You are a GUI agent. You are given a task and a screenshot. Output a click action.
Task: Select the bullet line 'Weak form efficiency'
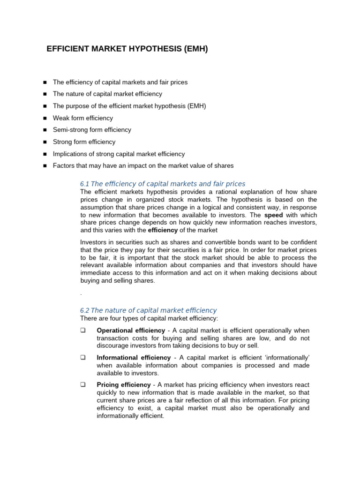click(x=82, y=118)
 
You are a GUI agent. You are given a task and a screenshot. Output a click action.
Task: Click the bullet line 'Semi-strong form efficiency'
click(x=92, y=130)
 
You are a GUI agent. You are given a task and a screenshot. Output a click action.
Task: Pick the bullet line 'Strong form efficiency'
click(x=84, y=142)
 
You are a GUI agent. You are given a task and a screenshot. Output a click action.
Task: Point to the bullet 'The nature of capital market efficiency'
click(x=107, y=94)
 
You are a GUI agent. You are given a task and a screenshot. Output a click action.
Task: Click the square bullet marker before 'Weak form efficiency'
click(x=45, y=118)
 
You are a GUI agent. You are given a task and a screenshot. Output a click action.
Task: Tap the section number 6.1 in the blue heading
click(x=84, y=184)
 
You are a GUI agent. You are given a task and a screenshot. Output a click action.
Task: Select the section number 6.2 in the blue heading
click(x=84, y=310)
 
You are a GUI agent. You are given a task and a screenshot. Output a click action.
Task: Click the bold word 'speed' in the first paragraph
click(x=274, y=215)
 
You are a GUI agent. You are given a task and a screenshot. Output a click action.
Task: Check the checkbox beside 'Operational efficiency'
click(x=83, y=330)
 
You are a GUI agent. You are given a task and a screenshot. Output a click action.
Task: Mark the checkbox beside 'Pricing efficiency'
click(x=83, y=385)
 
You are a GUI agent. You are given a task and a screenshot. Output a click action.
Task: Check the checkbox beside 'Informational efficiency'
click(x=83, y=358)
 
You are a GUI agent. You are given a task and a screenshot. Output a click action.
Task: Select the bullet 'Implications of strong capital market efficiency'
click(x=119, y=154)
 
